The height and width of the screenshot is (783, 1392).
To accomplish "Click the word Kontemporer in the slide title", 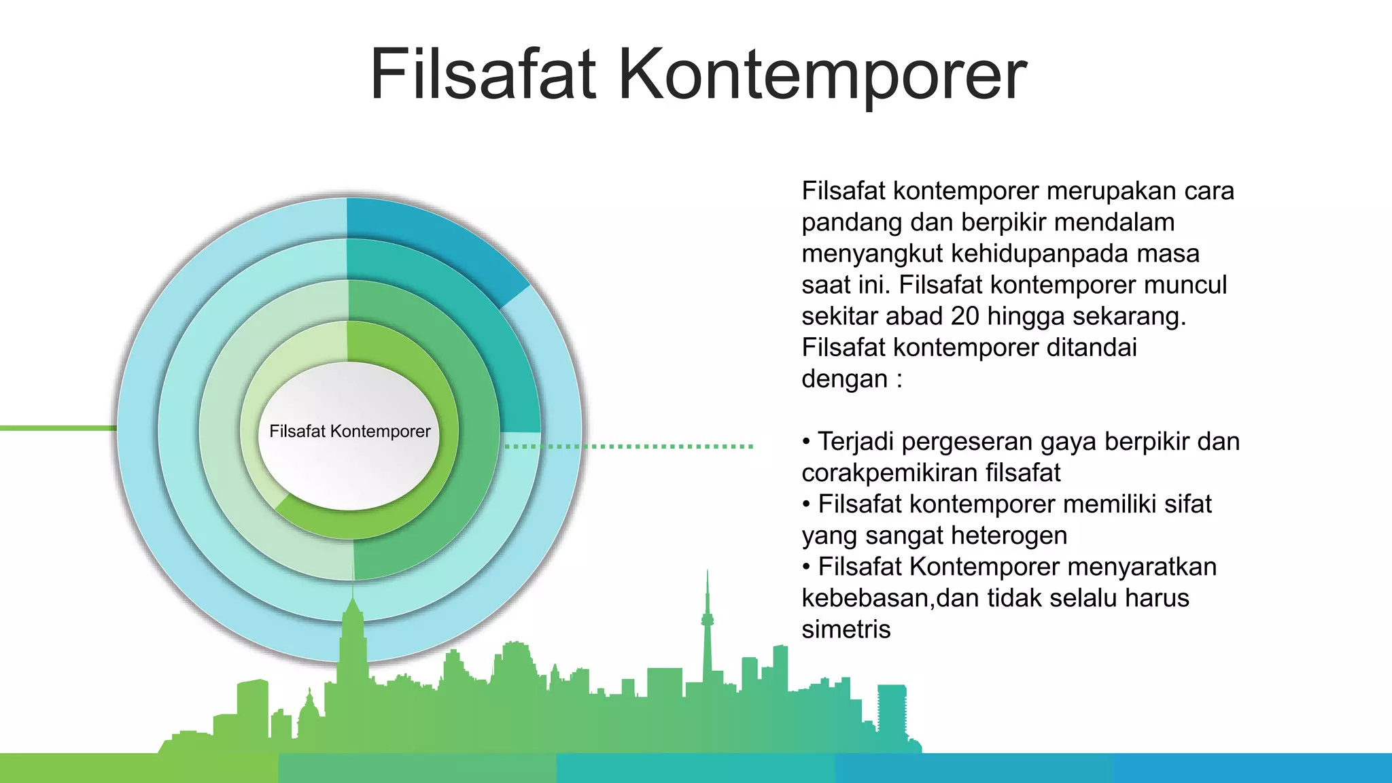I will (x=822, y=75).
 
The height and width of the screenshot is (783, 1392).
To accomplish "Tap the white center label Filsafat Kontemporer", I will (x=349, y=432).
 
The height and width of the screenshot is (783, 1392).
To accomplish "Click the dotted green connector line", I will (x=629, y=447).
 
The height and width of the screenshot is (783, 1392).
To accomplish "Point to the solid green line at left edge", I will (x=58, y=428).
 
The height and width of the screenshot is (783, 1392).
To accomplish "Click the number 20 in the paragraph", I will (x=964, y=316).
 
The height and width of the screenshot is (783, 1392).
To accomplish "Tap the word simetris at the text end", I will (x=846, y=629).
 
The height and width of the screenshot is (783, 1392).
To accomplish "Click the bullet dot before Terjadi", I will (x=806, y=442).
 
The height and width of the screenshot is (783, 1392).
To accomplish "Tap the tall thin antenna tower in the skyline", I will (x=708, y=625).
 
